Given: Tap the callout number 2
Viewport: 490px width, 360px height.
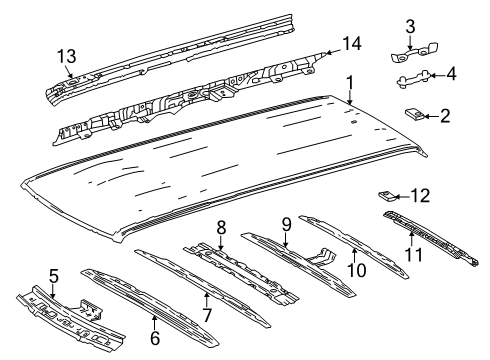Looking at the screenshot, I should point(445,117).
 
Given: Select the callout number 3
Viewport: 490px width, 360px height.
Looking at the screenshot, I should point(410,25).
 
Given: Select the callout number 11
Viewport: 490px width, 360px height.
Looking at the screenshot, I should point(411,254).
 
